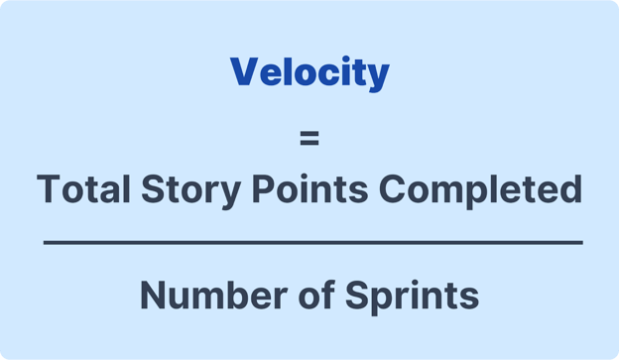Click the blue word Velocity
coord(309,72)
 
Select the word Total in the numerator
coord(79,188)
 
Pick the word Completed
coord(472,189)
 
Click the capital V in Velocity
coord(243,72)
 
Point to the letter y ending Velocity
coord(378,76)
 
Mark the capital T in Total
coord(48,188)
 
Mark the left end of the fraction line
coord(45,242)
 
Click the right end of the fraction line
coord(582,242)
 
